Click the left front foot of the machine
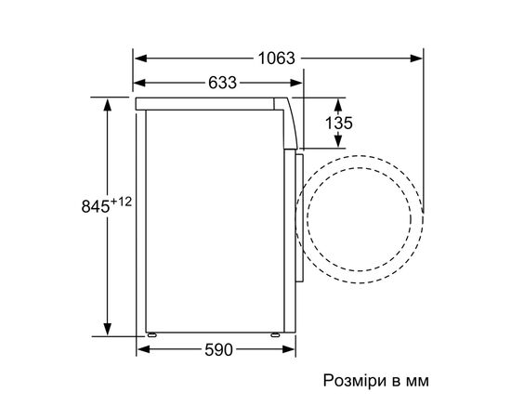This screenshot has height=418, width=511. [151, 332]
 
